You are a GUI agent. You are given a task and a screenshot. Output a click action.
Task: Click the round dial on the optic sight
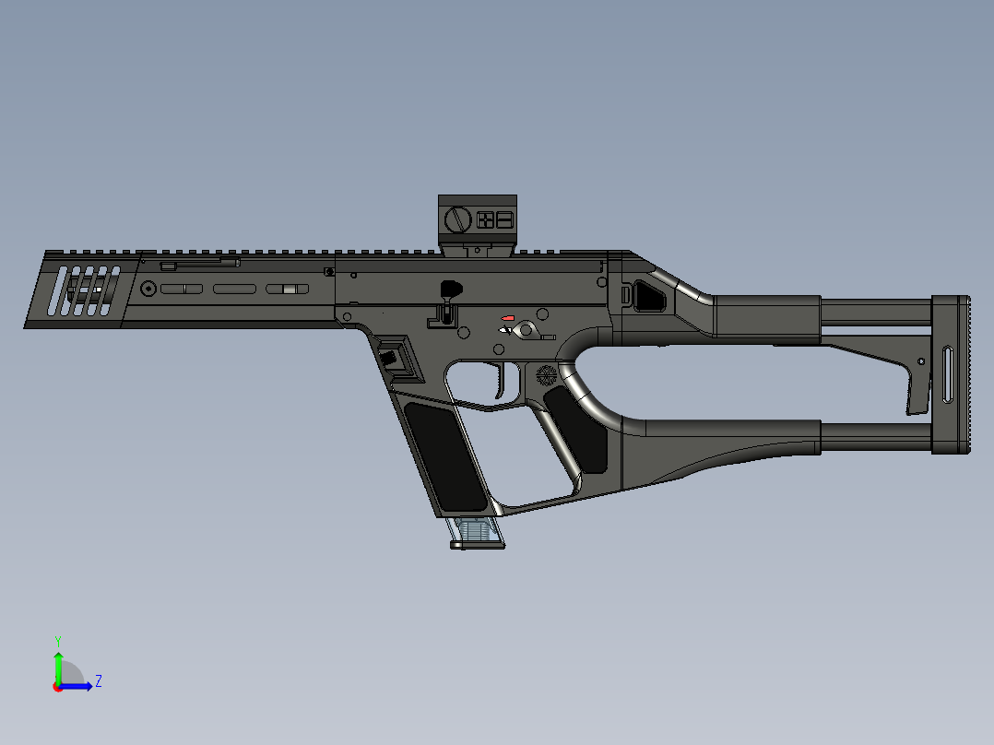coord(457,219)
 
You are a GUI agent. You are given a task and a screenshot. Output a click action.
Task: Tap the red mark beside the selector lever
coord(508,318)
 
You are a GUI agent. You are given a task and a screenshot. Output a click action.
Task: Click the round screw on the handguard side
coord(148,290)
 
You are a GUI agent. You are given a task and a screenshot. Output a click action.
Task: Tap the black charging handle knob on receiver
coord(449,289)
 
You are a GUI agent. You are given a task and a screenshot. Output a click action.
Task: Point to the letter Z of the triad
coord(98,681)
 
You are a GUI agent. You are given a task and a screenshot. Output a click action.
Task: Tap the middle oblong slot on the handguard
coord(234,290)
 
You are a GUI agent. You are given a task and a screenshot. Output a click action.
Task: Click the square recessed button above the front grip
coord(391,357)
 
